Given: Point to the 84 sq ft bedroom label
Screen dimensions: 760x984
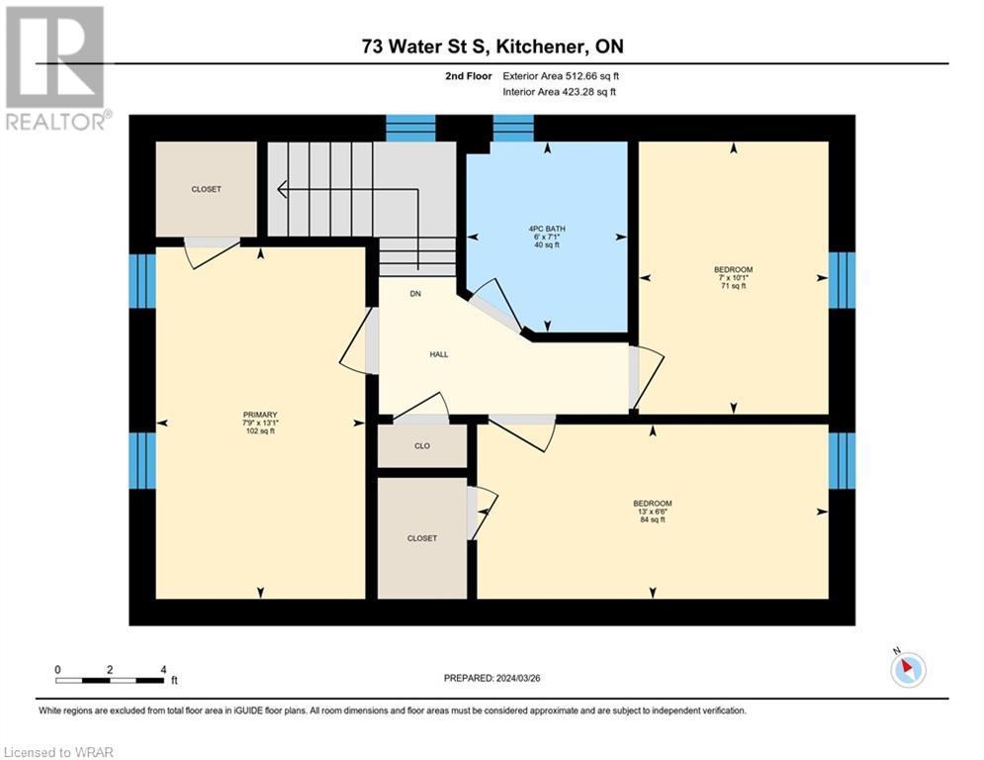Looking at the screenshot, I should (653, 511).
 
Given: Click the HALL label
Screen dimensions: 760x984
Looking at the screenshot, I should (439, 354).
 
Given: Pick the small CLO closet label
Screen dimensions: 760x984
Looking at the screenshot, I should (422, 446).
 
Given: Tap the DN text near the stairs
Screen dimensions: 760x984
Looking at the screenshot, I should (416, 294).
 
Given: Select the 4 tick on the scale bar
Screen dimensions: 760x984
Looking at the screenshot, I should (162, 669).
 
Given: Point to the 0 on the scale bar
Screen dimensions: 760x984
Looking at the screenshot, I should (57, 669).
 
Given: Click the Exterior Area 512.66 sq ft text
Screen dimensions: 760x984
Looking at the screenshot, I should (561, 76).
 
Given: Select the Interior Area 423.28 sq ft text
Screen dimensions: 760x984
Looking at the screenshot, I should (561, 92).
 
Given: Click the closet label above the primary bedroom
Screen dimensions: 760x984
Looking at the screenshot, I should (207, 189).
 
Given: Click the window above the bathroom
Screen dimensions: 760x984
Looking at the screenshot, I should (512, 128).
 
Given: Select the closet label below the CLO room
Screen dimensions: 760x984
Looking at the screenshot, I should (422, 538).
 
